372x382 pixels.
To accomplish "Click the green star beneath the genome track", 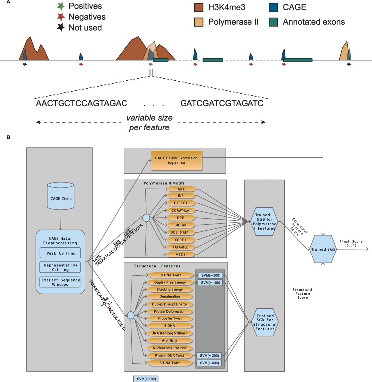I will pos(150,64).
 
